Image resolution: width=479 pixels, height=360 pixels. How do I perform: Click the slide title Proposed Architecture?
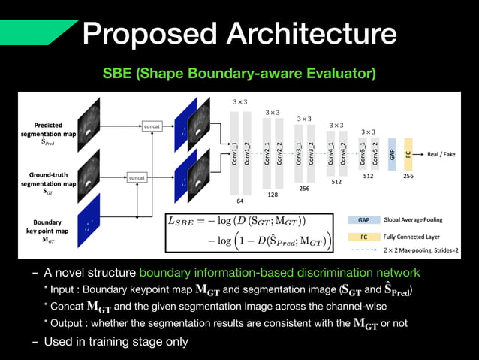tap(239, 32)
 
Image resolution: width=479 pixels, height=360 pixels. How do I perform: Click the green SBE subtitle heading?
tap(239, 74)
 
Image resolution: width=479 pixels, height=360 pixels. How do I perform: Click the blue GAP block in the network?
tap(392, 153)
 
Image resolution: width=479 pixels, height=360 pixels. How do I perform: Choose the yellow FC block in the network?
tap(408, 153)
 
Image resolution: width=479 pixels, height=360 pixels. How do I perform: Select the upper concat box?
tap(152, 127)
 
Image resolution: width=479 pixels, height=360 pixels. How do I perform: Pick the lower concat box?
tap(137, 177)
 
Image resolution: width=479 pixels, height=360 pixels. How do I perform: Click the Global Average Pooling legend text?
tap(412, 220)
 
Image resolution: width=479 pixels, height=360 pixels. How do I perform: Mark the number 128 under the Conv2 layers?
tap(273, 194)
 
